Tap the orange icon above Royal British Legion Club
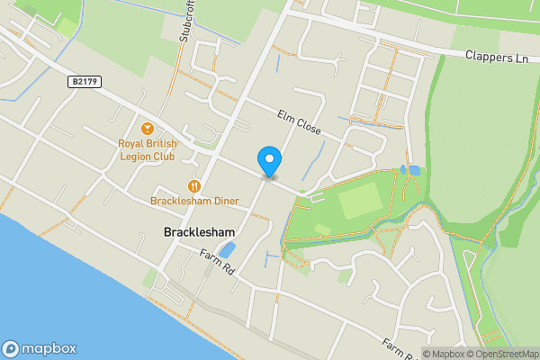pos(148,128)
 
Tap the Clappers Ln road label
pos(496,56)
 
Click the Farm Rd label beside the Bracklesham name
pos(218,262)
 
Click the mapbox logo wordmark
pos(49,349)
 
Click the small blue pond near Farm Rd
pos(228,249)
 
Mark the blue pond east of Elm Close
pos(413,169)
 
